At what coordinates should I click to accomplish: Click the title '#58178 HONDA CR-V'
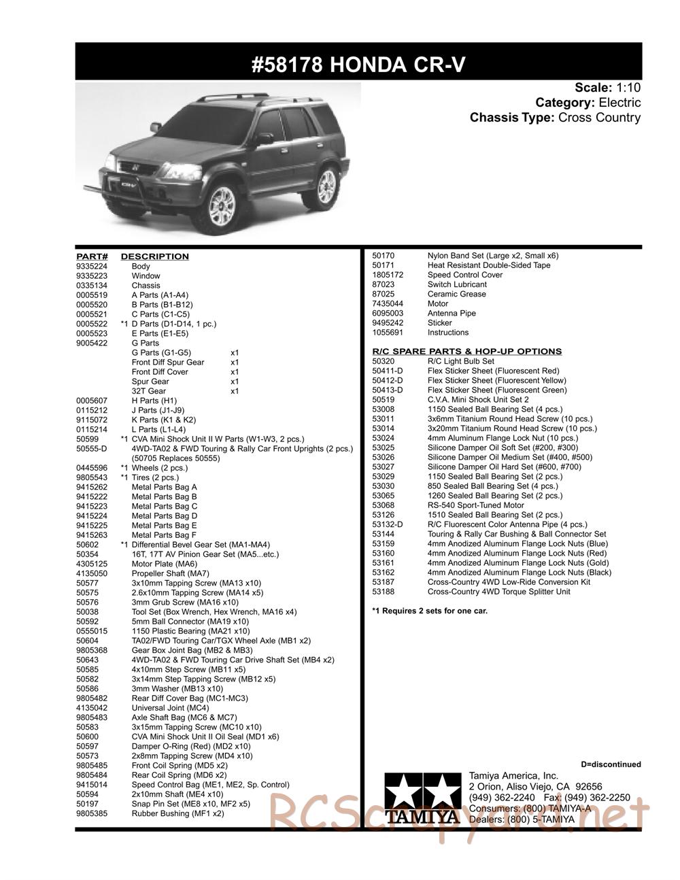pyautogui.click(x=358, y=64)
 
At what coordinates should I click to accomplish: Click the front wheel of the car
pyautogui.click(x=220, y=207)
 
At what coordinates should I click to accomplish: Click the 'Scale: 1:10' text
pyautogui.click(x=607, y=88)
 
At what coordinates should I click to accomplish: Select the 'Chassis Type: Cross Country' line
pyautogui.click(x=555, y=118)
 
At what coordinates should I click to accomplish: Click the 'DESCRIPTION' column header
pyautogui.click(x=154, y=256)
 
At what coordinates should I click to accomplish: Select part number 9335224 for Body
pyautogui.click(x=92, y=267)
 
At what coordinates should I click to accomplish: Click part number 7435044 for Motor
pyautogui.click(x=388, y=304)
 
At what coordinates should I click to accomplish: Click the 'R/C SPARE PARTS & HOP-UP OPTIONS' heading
pyautogui.click(x=466, y=352)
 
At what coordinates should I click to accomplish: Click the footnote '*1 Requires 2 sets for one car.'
pyautogui.click(x=430, y=611)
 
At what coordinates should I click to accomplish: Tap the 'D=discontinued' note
pyautogui.click(x=611, y=764)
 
